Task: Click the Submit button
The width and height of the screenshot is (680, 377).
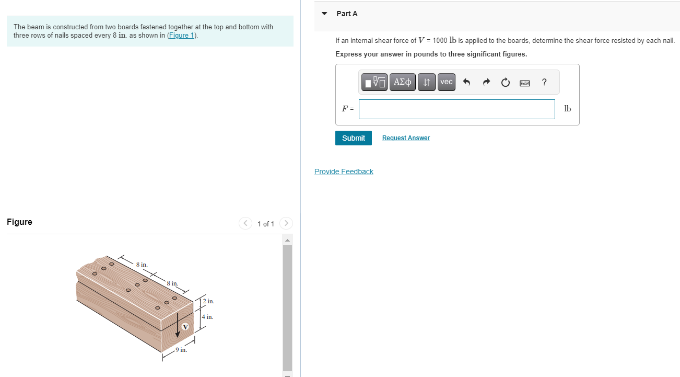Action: click(x=353, y=138)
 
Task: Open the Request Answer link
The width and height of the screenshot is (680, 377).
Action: click(x=406, y=138)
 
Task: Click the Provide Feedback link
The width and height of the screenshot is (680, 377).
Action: click(x=344, y=172)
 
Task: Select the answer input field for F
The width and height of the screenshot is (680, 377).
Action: click(x=456, y=109)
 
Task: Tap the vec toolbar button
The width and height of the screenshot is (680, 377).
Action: click(x=446, y=82)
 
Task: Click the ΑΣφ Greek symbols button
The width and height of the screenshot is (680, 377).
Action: click(x=402, y=82)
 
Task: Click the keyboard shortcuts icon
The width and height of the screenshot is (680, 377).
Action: click(x=525, y=83)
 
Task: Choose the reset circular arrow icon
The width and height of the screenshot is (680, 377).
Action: click(x=505, y=83)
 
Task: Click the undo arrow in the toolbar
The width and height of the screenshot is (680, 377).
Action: click(x=467, y=83)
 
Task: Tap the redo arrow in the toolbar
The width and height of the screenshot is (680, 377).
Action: click(x=486, y=83)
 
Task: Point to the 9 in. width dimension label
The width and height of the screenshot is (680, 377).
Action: click(x=181, y=350)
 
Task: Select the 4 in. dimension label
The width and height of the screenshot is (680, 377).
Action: click(x=208, y=317)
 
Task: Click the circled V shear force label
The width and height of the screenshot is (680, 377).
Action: click(x=185, y=327)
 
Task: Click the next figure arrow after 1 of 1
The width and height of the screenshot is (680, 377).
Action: click(x=286, y=224)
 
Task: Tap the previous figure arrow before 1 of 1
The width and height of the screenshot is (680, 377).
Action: click(x=245, y=224)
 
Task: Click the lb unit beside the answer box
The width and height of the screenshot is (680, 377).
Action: click(x=568, y=109)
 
